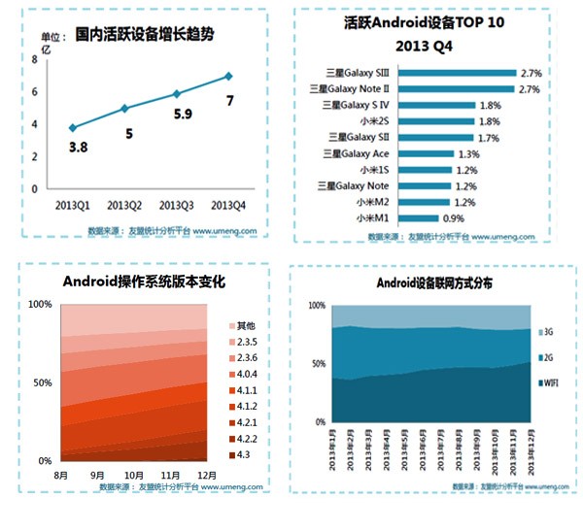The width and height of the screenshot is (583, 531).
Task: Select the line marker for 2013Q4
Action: click(x=229, y=76)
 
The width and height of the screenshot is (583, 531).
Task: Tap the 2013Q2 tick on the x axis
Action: click(x=123, y=204)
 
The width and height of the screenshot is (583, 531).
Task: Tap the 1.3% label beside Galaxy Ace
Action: click(x=468, y=153)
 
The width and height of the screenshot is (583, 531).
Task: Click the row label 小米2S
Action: click(x=348, y=120)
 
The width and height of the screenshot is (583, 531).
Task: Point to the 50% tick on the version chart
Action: click(x=42, y=382)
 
